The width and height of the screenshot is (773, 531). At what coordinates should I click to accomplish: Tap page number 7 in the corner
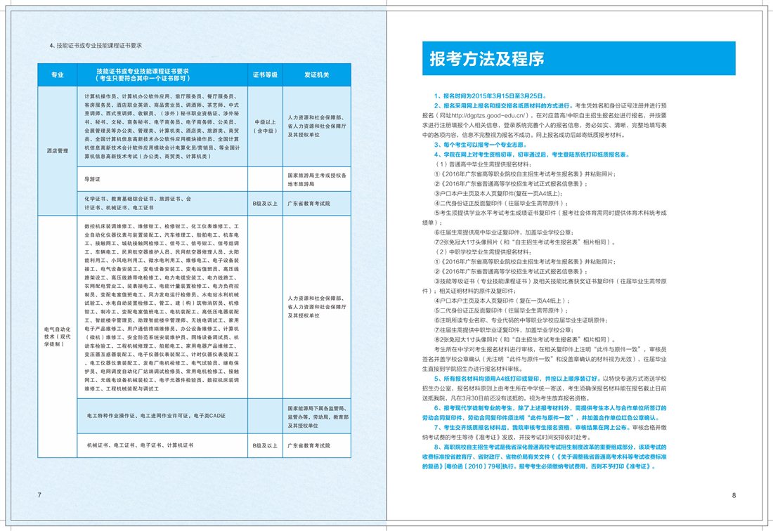click(39, 495)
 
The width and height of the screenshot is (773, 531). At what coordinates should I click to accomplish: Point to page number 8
click(733, 495)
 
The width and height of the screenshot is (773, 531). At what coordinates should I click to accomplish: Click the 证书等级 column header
click(266, 74)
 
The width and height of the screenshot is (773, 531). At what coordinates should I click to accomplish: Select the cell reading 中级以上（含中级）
click(266, 126)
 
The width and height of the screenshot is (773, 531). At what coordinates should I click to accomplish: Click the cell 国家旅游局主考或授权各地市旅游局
click(316, 179)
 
